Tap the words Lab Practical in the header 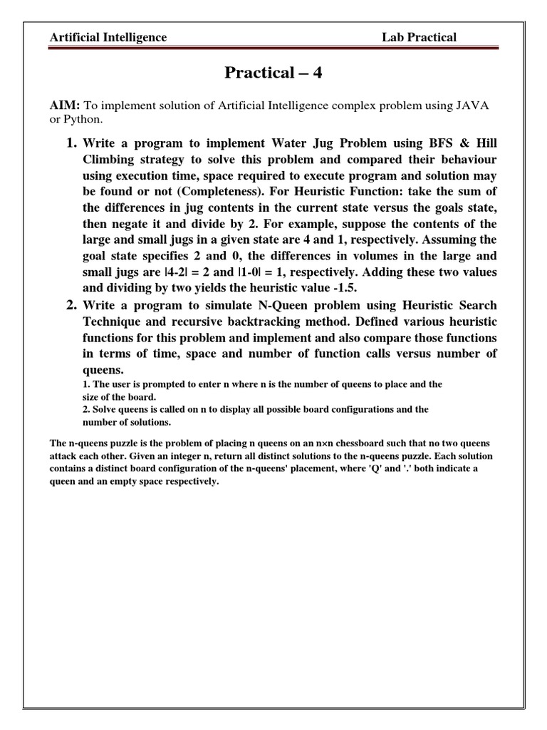[x=419, y=37]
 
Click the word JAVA [x=476, y=106]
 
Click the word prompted [x=150, y=384]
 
